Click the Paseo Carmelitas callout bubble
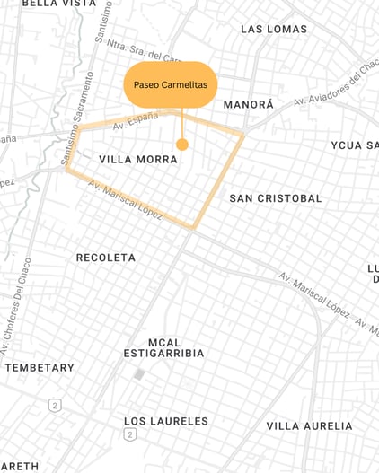coord(171,84)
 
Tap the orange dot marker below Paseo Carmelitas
coord(182,145)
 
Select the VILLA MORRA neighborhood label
coord(137,160)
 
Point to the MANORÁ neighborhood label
coord(248,105)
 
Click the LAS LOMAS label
coord(274,30)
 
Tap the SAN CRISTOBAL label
coord(275,198)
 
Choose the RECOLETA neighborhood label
coord(106,258)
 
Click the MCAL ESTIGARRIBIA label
coord(163,347)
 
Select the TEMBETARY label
coord(40,368)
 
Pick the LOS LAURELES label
coord(166,421)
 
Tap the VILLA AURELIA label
coord(309,425)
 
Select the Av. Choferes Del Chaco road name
coord(21,295)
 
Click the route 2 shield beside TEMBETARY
coord(55,406)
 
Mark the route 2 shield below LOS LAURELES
coord(129,434)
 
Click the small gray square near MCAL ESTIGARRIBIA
coord(139,373)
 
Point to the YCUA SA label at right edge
coord(354,145)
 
